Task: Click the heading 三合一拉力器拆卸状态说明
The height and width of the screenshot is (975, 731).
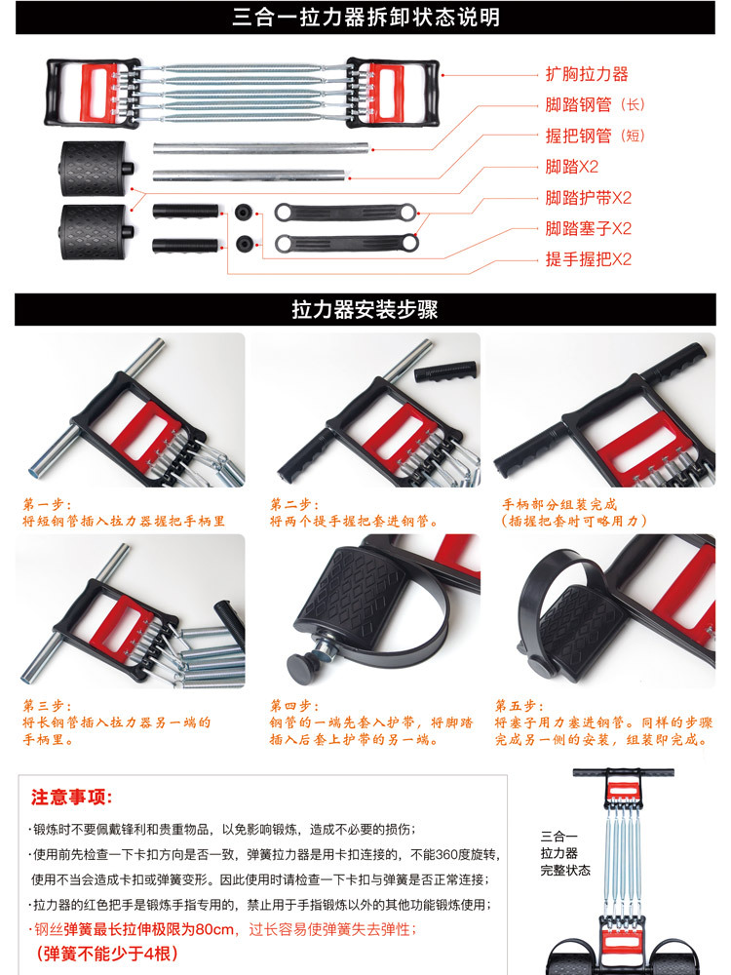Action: point(365,18)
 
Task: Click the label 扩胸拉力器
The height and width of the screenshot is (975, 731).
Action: point(586,74)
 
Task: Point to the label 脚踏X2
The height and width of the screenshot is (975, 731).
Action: point(572,167)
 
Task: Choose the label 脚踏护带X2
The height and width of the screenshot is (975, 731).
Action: point(589,198)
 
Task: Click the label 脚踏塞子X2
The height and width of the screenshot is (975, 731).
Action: point(589,229)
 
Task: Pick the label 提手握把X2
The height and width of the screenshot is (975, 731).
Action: point(589,259)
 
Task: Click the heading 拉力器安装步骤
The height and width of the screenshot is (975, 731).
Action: point(365,310)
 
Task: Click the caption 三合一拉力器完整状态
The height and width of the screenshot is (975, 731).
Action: point(565,852)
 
